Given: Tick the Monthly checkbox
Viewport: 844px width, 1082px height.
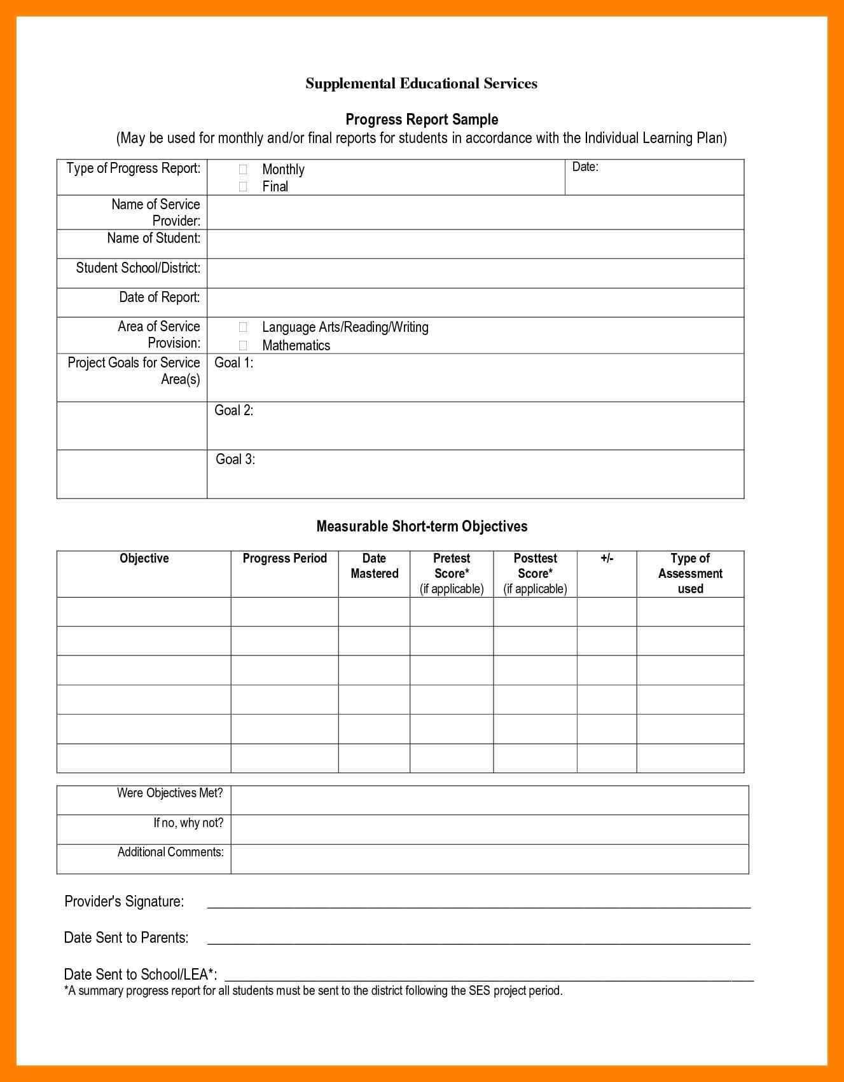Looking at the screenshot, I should [243, 169].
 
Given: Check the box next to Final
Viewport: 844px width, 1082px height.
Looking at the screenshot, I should [243, 186].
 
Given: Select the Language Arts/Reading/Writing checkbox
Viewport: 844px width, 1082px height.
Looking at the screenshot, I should [243, 327].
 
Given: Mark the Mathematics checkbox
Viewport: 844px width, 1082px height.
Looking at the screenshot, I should [243, 345].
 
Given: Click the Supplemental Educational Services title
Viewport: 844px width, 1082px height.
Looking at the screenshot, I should [421, 83].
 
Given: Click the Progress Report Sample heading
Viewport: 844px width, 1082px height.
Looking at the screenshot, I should [422, 120].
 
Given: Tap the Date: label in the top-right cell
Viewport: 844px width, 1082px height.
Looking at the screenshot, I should [585, 167].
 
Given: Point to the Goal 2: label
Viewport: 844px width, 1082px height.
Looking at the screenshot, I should [233, 410].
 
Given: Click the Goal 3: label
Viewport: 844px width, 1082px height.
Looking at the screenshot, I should [235, 459].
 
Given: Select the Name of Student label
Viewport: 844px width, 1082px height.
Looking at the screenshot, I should [153, 238].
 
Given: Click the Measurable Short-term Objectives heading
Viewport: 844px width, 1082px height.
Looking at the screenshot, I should [422, 526].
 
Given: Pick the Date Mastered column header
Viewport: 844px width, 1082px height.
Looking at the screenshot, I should [374, 566].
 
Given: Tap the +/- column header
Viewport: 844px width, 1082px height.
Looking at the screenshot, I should [607, 558].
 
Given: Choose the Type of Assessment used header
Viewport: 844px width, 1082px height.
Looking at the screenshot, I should [690, 573].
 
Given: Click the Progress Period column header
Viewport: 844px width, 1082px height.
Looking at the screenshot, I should [284, 558].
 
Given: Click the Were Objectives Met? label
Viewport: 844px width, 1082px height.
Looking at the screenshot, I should [170, 793].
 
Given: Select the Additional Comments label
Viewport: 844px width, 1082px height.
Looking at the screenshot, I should [170, 852].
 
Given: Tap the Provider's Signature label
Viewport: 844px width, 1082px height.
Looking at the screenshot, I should [124, 901].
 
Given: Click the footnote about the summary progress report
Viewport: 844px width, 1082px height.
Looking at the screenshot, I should [314, 990].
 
